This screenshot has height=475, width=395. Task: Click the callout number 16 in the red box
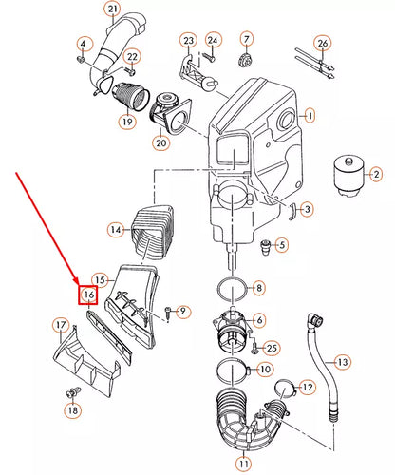[x=88, y=294]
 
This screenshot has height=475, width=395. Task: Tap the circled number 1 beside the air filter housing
[x=310, y=116]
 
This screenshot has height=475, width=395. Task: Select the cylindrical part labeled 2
[x=348, y=177]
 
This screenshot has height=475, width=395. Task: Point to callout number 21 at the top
[x=113, y=10]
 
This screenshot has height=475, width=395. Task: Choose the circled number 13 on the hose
[x=343, y=362]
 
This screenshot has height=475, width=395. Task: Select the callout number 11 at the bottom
[x=243, y=465]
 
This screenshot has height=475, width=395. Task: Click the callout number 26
[x=322, y=44]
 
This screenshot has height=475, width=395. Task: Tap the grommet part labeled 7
[x=244, y=60]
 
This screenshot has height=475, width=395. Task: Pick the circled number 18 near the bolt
[x=73, y=410]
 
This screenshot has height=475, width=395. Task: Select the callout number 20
[x=160, y=143]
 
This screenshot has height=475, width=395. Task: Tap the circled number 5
[x=281, y=245]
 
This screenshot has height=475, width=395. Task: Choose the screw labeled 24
[x=208, y=58]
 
